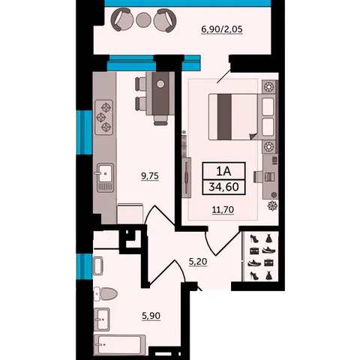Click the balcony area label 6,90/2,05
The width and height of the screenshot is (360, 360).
222,29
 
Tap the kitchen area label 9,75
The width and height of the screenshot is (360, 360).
150,176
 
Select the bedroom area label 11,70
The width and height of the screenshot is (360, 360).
223,210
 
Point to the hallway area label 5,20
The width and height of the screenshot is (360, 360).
198,262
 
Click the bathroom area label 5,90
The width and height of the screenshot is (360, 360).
151,316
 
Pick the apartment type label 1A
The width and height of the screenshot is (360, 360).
223,171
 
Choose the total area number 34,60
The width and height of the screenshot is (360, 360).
223,187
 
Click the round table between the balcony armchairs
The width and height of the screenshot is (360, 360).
143,19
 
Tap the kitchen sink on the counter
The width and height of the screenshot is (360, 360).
105,178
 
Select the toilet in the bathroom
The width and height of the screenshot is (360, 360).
106,293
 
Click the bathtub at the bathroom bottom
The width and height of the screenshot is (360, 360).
120,345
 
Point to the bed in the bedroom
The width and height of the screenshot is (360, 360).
233,117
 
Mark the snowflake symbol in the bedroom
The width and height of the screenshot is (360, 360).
272,205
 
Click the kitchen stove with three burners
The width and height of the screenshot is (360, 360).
103,118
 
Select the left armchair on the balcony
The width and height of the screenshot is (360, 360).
121,19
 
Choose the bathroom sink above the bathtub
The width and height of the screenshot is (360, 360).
102,319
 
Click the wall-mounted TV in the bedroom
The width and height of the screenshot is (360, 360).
187,178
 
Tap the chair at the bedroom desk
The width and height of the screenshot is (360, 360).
258,177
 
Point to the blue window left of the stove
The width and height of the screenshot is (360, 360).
85,133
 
